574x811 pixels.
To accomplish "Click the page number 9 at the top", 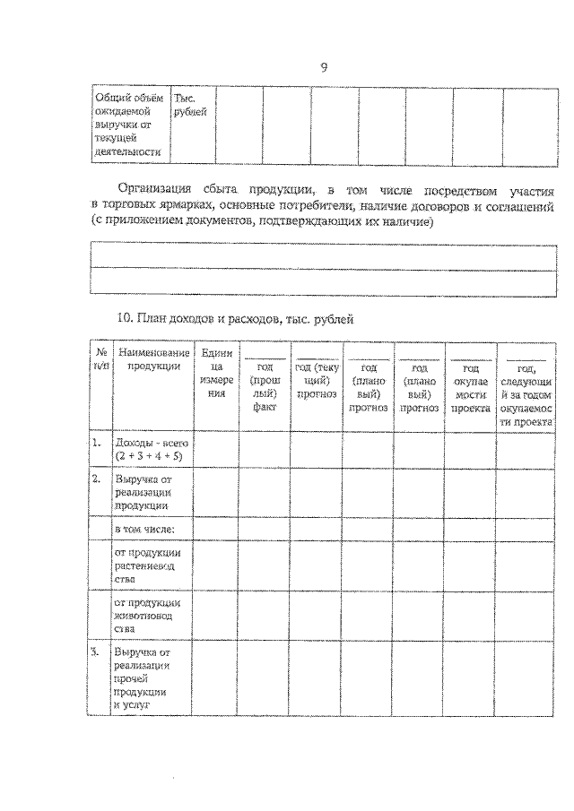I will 324,67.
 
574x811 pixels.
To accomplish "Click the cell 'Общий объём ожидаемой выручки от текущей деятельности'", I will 131,125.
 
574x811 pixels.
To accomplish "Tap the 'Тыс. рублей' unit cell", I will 190,106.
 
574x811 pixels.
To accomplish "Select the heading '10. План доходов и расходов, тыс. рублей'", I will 237,318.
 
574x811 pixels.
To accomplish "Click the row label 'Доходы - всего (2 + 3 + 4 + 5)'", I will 150,450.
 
